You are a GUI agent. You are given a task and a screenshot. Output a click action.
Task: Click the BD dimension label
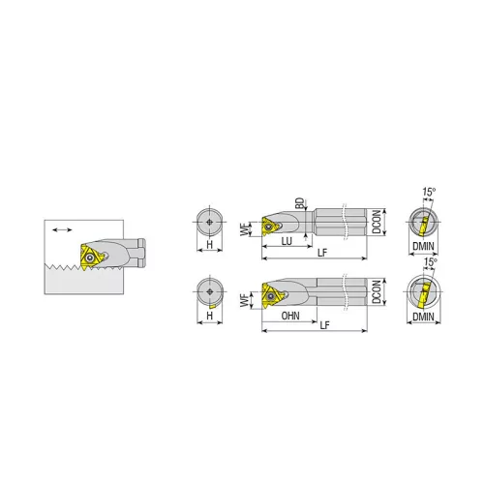[300, 203]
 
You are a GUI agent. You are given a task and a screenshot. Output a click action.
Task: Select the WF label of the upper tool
[246, 229]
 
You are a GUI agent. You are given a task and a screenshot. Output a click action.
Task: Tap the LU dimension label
[287, 241]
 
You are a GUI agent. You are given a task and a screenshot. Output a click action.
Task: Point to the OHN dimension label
[290, 316]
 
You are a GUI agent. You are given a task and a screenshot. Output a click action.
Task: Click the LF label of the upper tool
[322, 253]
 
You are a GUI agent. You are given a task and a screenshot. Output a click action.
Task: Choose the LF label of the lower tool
[324, 325]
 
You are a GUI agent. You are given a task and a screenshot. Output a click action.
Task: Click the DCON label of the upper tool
[377, 222]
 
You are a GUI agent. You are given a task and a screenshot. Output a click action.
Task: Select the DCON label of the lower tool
[377, 291]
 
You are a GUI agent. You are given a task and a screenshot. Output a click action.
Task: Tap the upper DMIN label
[423, 246]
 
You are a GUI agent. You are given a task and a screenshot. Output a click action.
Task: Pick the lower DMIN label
[423, 317]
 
